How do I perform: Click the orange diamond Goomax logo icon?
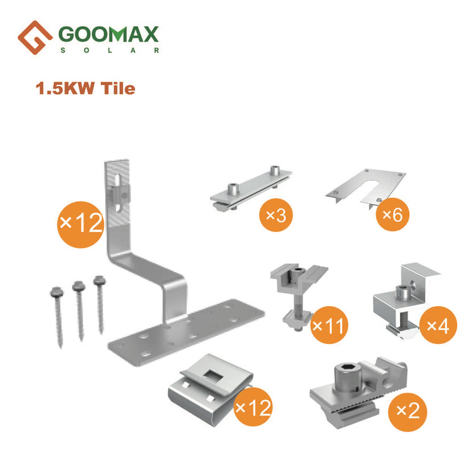coord(35,38)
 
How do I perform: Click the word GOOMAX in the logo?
coord(108,34)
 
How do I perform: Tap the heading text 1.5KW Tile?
coord(86,88)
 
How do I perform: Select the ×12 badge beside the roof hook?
coord(80,225)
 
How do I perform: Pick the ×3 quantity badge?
coord(276,215)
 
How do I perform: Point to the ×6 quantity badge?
coord(393,214)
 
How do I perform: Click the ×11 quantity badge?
coord(329,325)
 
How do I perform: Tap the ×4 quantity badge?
coord(438,325)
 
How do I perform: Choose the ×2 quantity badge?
coord(408,412)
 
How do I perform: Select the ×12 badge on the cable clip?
coord(253,407)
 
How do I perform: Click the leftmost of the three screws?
coord(58,316)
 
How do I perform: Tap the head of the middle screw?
coord(79,286)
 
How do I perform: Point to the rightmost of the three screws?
coord(100,304)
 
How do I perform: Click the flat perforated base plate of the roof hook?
coord(186,332)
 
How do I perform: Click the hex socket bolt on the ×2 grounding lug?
coord(348,378)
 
